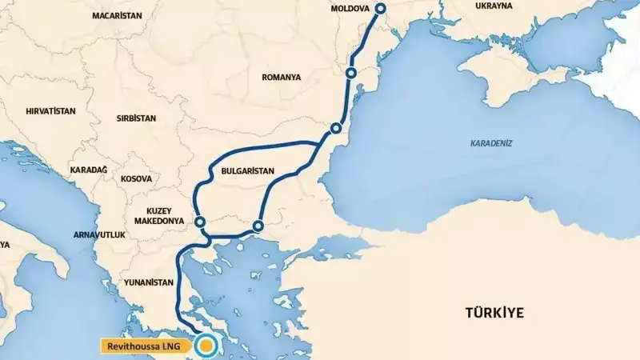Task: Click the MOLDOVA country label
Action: (350, 9)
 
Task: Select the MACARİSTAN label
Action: (117, 15)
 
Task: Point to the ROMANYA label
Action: (281, 78)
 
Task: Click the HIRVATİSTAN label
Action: (50, 112)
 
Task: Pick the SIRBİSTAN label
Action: (135, 118)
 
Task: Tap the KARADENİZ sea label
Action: (491, 143)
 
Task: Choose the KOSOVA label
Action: (136, 180)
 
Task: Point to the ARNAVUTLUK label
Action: (94, 236)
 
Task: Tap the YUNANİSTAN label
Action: (148, 282)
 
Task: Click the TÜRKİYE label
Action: (495, 313)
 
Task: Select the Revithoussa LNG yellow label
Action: (147, 346)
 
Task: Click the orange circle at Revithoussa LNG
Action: (207, 346)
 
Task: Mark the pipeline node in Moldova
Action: (381, 8)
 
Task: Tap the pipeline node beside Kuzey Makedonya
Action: (200, 222)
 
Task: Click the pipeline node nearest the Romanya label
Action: (350, 74)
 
